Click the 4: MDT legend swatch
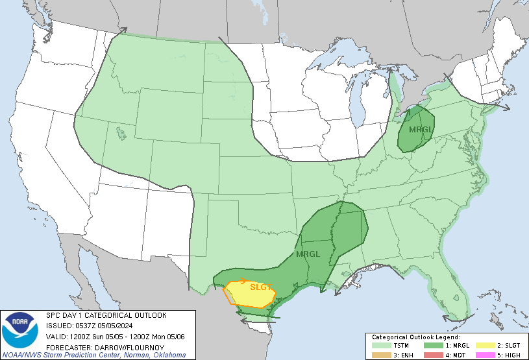click(x=433, y=355)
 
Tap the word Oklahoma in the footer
click(x=170, y=355)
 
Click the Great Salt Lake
click(x=121, y=134)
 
